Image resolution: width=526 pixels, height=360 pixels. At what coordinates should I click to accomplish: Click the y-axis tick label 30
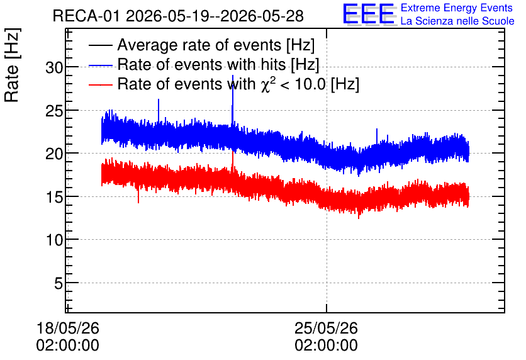click(54, 68)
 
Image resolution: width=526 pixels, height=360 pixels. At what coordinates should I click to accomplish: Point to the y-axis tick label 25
click(54, 111)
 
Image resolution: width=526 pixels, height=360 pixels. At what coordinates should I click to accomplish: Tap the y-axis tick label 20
click(54, 154)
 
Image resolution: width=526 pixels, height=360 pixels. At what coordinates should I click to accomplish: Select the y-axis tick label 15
click(54, 197)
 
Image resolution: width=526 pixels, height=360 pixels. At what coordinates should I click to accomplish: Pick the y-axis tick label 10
click(54, 240)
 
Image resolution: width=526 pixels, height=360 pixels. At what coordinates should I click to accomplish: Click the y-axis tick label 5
click(59, 283)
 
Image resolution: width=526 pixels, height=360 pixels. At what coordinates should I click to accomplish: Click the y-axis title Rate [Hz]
click(12, 65)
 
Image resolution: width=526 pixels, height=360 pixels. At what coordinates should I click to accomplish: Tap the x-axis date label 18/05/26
click(68, 328)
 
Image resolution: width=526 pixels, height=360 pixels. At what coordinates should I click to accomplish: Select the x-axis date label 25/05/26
click(326, 328)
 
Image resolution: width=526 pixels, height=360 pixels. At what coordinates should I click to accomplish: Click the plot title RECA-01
click(86, 16)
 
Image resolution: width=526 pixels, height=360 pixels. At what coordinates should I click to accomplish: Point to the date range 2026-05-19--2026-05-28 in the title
click(215, 16)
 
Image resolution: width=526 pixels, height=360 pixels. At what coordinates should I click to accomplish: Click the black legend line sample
click(100, 45)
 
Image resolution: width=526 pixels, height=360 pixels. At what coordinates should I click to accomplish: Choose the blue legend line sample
click(100, 65)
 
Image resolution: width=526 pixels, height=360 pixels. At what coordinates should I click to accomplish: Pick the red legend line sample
click(100, 84)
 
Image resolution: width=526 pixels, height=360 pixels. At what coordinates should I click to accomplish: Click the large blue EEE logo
click(369, 14)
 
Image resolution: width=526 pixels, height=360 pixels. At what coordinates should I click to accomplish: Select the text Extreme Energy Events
click(457, 8)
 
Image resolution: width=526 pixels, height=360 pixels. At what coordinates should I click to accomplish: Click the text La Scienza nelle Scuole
click(457, 21)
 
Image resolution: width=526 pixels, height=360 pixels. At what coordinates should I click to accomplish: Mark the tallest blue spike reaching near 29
click(232, 101)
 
